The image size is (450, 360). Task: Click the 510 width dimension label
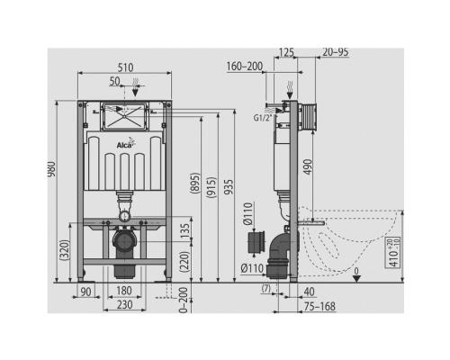[x=125, y=67]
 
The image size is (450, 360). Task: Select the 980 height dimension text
[x=51, y=169]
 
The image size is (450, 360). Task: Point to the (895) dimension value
[x=195, y=183]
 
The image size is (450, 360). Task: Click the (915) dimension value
[x=211, y=187]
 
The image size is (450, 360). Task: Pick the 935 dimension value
[x=229, y=187]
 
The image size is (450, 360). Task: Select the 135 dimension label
[x=185, y=231]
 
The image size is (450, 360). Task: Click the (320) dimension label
[x=65, y=249]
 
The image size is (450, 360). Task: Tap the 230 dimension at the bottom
[x=124, y=305]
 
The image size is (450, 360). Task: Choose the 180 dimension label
[x=124, y=291]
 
